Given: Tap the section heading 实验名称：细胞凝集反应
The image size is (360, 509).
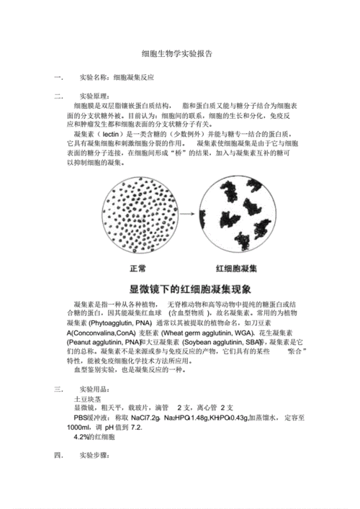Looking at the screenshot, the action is (117, 76).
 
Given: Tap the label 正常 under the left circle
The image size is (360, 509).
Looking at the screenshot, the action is (138, 269).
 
